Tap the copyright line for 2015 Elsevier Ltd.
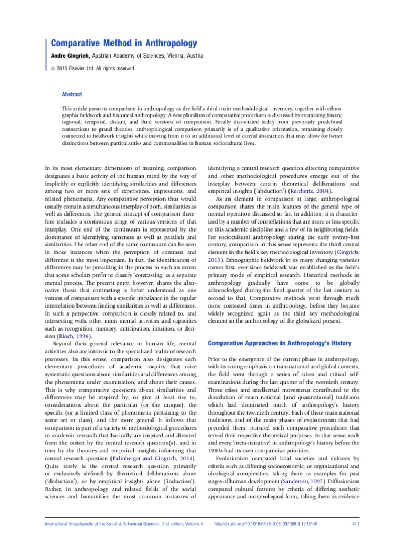100,68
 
